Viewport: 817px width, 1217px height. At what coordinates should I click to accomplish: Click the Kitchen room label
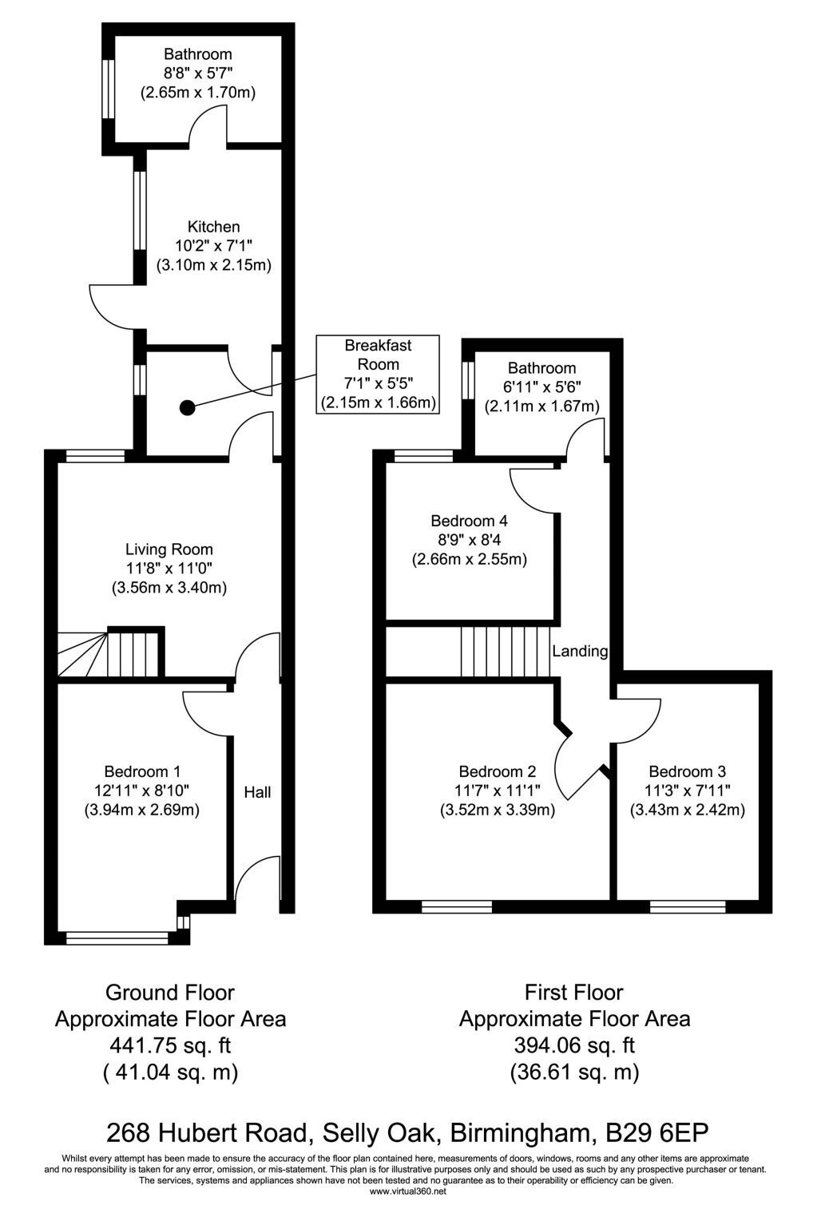pos(213,227)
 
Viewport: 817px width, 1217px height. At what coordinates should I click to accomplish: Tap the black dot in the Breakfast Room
pos(187,408)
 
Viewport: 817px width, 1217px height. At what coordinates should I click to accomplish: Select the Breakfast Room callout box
pos(378,375)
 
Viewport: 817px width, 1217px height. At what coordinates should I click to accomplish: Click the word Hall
pos(257,792)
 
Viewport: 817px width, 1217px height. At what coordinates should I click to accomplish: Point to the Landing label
pos(580,651)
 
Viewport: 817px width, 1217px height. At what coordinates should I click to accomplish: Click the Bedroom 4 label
pos(469,518)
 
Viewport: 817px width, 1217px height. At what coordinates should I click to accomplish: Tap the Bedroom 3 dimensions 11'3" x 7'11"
pos(687,791)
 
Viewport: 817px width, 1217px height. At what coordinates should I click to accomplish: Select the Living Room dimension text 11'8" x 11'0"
pos(169,569)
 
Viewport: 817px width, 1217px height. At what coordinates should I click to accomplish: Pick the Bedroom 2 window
pos(457,906)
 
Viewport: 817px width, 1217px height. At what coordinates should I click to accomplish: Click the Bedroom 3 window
pos(687,906)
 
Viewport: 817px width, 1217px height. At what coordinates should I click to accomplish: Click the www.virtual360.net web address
pos(407,1191)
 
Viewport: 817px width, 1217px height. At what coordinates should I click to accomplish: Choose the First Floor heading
pos(573,993)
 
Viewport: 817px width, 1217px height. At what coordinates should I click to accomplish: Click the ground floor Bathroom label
pos(198,54)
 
